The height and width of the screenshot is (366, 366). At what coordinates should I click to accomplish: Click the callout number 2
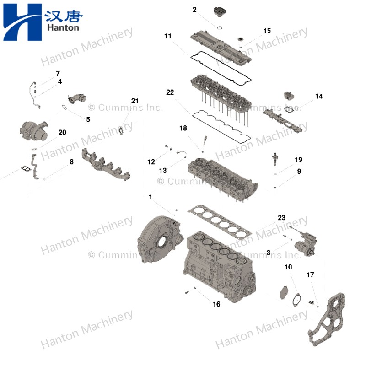[x=194, y=9]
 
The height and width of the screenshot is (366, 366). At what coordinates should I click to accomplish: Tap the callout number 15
[x=267, y=31]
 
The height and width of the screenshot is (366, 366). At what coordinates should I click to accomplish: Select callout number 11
[x=168, y=36]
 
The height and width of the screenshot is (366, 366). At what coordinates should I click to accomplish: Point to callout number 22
[x=170, y=92]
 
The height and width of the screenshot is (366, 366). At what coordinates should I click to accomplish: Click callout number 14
[x=319, y=97]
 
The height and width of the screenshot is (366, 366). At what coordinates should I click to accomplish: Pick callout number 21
[x=134, y=101]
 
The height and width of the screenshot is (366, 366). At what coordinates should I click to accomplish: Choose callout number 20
[x=62, y=133]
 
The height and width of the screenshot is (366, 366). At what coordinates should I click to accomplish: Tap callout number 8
[x=71, y=161]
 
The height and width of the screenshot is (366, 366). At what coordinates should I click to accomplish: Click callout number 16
[x=216, y=304]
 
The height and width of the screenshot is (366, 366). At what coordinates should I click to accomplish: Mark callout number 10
[x=288, y=267]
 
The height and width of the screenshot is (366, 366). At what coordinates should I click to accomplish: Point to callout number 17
[x=310, y=275]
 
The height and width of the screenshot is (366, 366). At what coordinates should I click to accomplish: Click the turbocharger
[x=36, y=130]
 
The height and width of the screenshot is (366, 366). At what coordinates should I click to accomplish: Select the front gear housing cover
[x=328, y=320]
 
